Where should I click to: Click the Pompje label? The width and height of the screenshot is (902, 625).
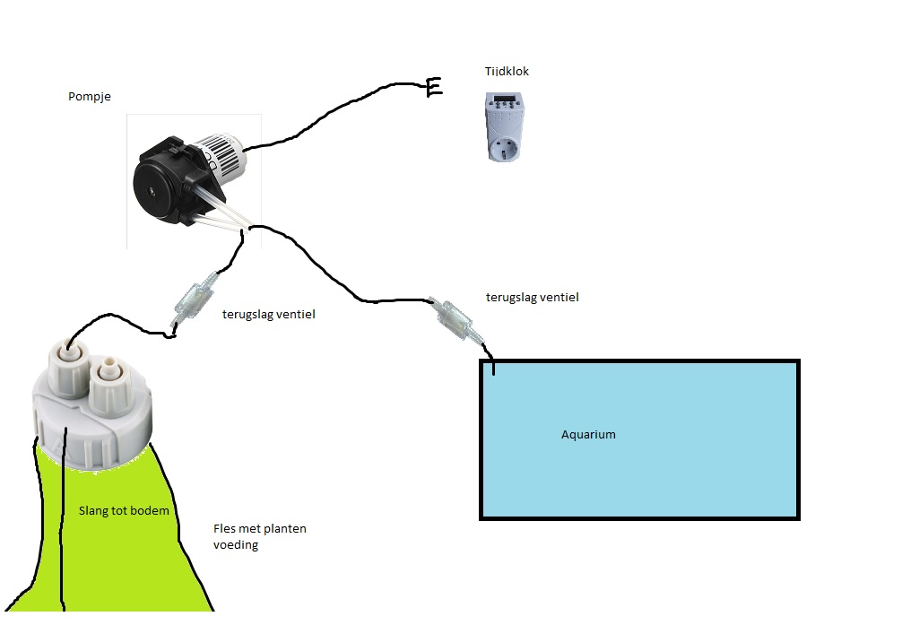tap(89, 97)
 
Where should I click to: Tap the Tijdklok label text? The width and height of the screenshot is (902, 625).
tap(507, 72)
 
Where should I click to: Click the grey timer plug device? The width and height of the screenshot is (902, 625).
tap(505, 126)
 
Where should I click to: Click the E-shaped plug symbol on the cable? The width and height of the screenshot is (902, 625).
tap(434, 88)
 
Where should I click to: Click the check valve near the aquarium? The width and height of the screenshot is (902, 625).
tap(455, 319)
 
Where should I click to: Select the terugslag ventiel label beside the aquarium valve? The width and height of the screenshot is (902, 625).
tap(532, 298)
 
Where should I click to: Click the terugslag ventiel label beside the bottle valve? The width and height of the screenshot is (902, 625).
tap(269, 314)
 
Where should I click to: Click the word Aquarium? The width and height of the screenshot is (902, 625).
tap(588, 435)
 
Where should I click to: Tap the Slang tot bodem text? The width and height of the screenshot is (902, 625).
tap(124, 510)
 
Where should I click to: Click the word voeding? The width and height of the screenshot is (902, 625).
tap(236, 544)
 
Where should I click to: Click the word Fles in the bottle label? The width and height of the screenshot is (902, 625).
tap(224, 528)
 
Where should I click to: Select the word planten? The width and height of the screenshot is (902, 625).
tap(285, 529)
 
